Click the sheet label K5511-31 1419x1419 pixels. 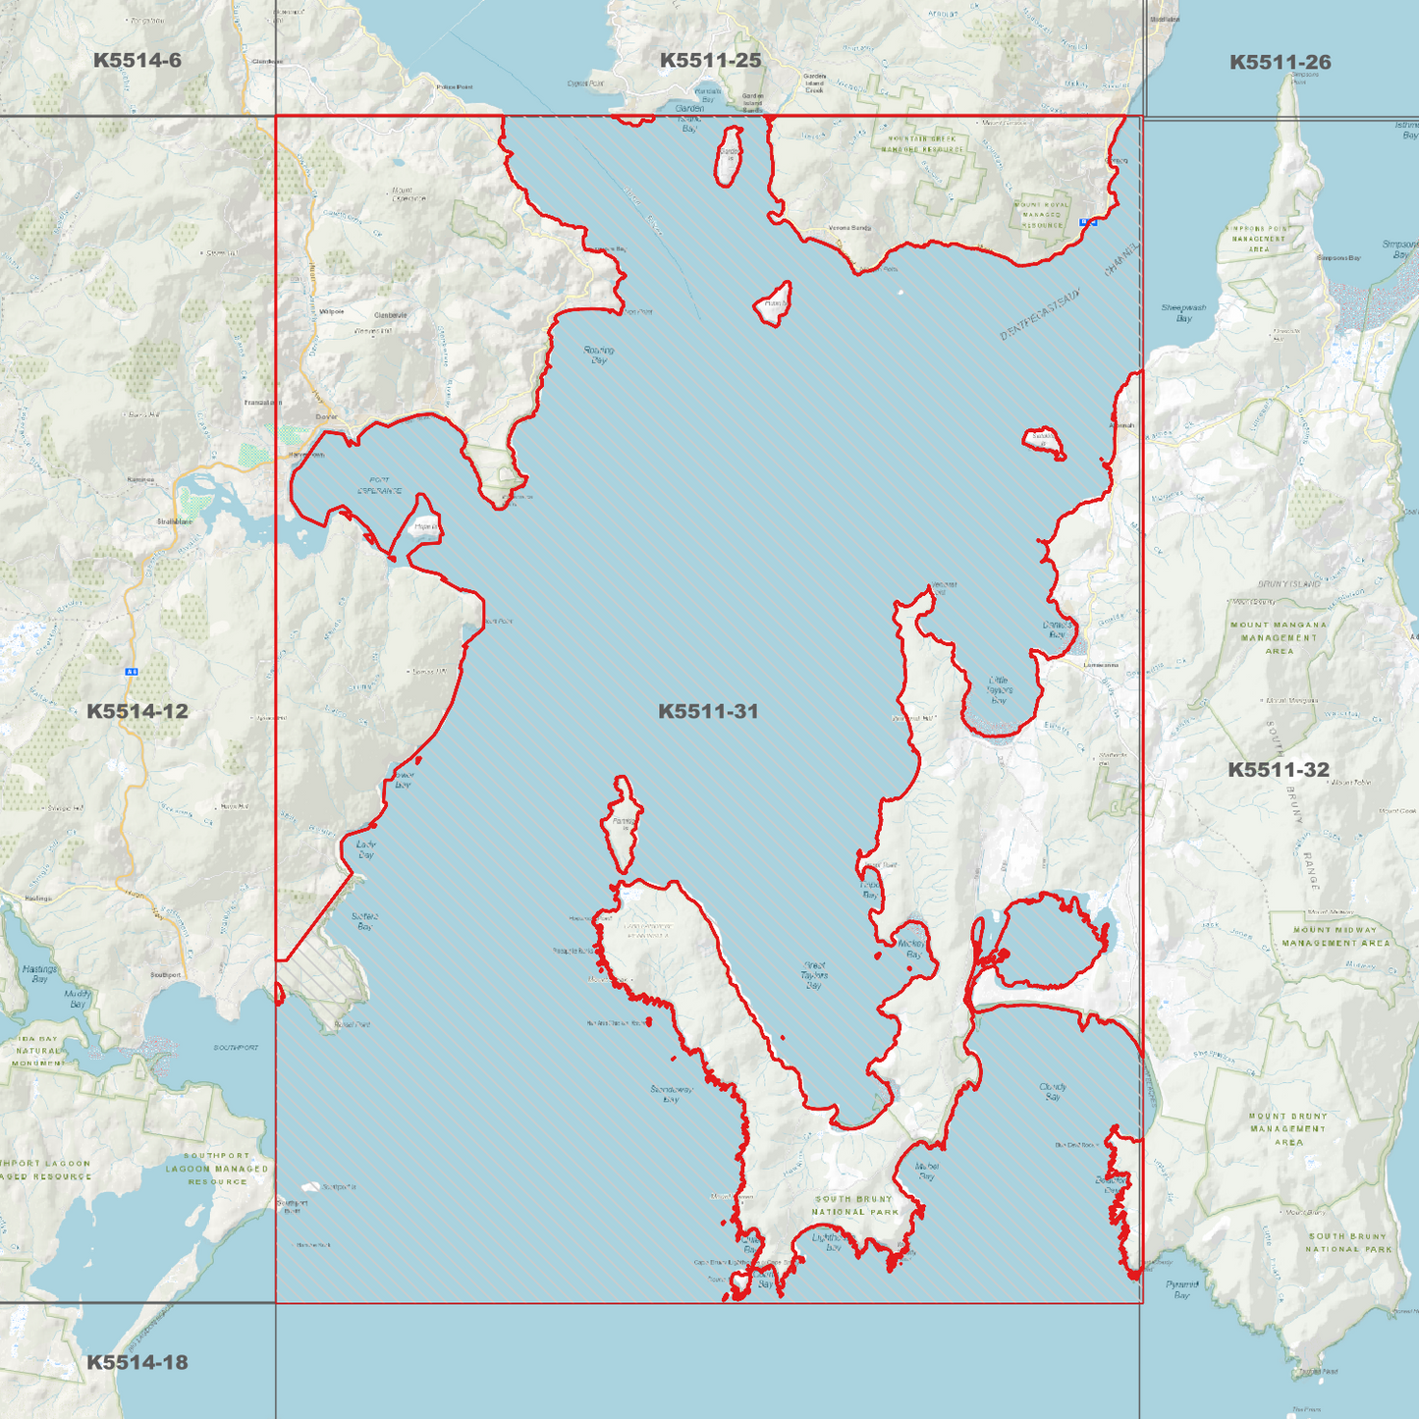[708, 711]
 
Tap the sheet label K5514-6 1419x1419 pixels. [137, 61]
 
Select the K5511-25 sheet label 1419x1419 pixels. [710, 61]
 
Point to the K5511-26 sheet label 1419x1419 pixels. [1280, 63]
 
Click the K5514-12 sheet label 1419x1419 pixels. [137, 711]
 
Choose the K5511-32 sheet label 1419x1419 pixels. [1278, 770]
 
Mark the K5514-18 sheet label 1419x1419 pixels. [137, 1362]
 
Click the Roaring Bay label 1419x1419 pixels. [599, 355]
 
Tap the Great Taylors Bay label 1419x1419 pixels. [814, 975]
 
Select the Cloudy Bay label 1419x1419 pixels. [1053, 1091]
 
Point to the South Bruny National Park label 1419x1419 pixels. [854, 1205]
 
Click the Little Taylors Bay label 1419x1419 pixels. [999, 689]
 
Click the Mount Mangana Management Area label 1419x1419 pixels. [1279, 637]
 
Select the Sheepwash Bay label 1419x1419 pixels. [1183, 312]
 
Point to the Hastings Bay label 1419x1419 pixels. [39, 973]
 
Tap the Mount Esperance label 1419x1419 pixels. [409, 193]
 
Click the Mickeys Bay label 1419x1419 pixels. [912, 949]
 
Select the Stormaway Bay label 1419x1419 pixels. [672, 1094]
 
